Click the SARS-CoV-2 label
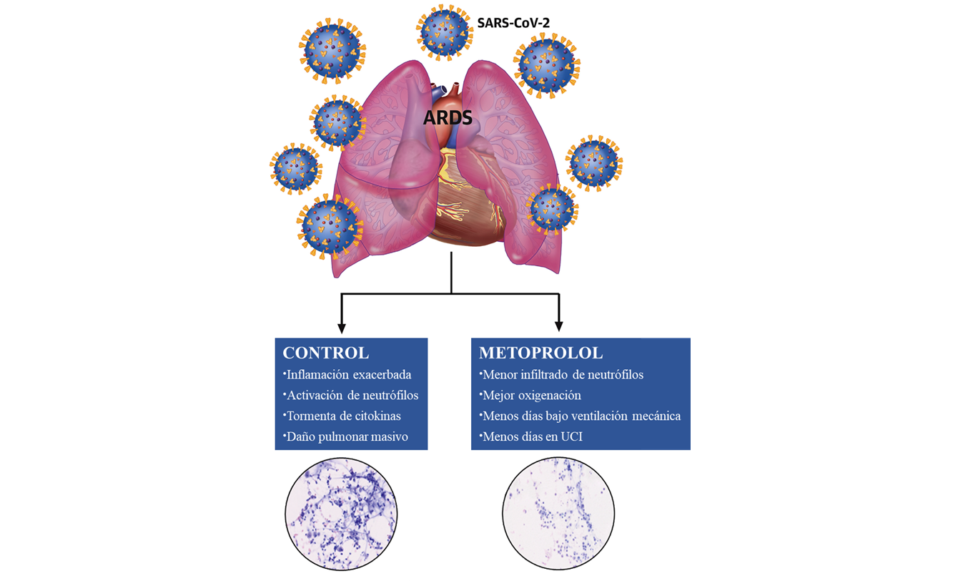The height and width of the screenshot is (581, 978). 513,23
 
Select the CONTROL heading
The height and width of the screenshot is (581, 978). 326,353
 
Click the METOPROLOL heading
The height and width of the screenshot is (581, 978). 540,353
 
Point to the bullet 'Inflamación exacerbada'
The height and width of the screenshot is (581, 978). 349,374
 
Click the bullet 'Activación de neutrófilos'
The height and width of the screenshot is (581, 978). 352,395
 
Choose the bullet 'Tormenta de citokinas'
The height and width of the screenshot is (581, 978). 342,416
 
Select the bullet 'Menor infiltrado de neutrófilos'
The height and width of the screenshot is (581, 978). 563,374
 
